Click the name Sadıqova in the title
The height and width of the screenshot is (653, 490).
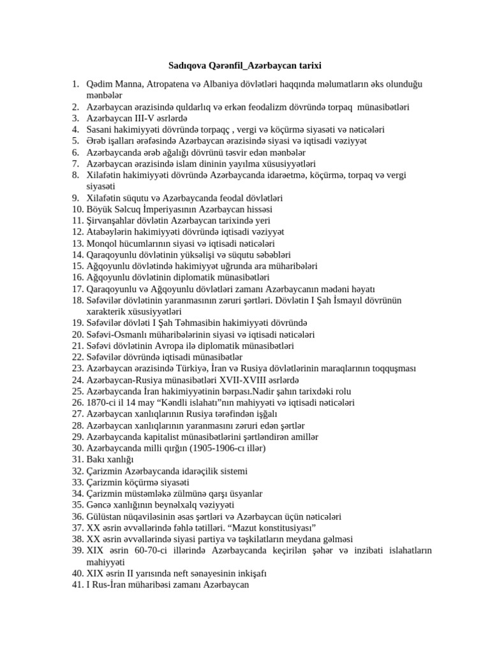point(189,65)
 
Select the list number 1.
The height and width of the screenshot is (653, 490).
point(76,84)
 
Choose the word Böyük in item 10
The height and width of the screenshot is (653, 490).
point(100,209)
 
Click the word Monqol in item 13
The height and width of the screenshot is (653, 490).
point(102,243)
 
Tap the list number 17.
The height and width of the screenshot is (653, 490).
point(77,289)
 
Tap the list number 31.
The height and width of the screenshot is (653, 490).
point(77,459)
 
